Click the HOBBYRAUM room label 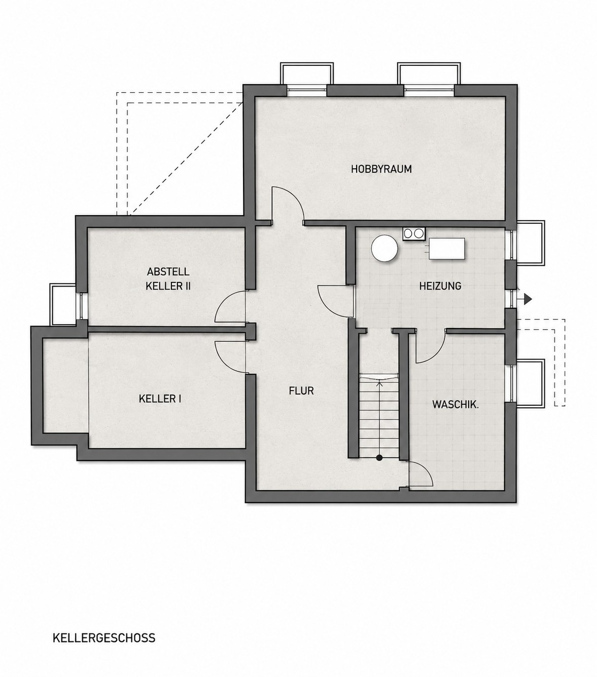381,169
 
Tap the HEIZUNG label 440,286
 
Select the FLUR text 301,390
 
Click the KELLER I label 160,399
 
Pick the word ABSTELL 168,271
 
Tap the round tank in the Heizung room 385,248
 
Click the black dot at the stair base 379,458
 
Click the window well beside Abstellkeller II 63,304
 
